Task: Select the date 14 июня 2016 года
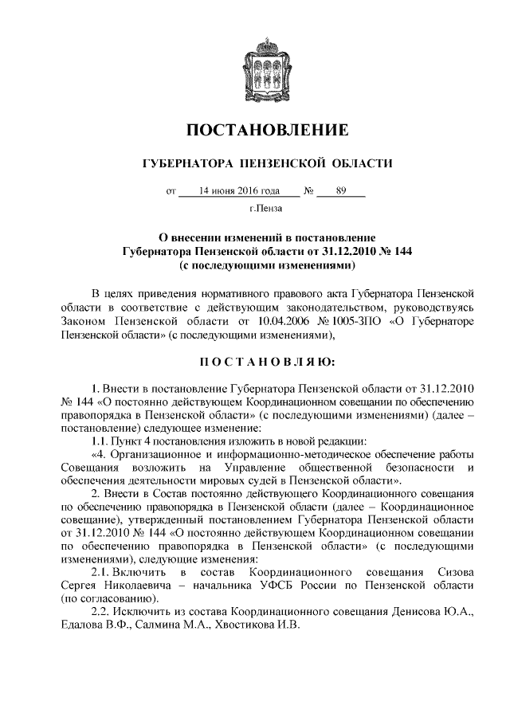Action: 239,192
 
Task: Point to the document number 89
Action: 341,192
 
